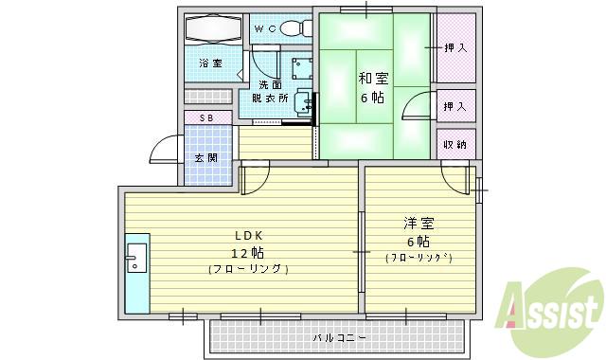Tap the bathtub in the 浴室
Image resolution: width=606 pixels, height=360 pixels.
coord(213,30)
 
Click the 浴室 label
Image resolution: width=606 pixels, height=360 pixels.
coord(210,63)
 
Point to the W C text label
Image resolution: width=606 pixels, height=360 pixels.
coord(265,29)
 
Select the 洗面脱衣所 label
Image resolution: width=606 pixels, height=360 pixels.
coord(270,91)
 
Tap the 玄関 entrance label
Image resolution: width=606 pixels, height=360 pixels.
coord(206,156)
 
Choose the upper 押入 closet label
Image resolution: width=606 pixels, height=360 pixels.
coord(455,47)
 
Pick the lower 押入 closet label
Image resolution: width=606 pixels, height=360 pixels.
coord(455,106)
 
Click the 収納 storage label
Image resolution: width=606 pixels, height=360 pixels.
coord(455,144)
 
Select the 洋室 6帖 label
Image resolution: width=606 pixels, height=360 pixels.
coord(419,232)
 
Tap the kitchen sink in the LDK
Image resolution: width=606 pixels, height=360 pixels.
coord(134,258)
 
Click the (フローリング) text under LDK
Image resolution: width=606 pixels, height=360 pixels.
coord(249,269)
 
